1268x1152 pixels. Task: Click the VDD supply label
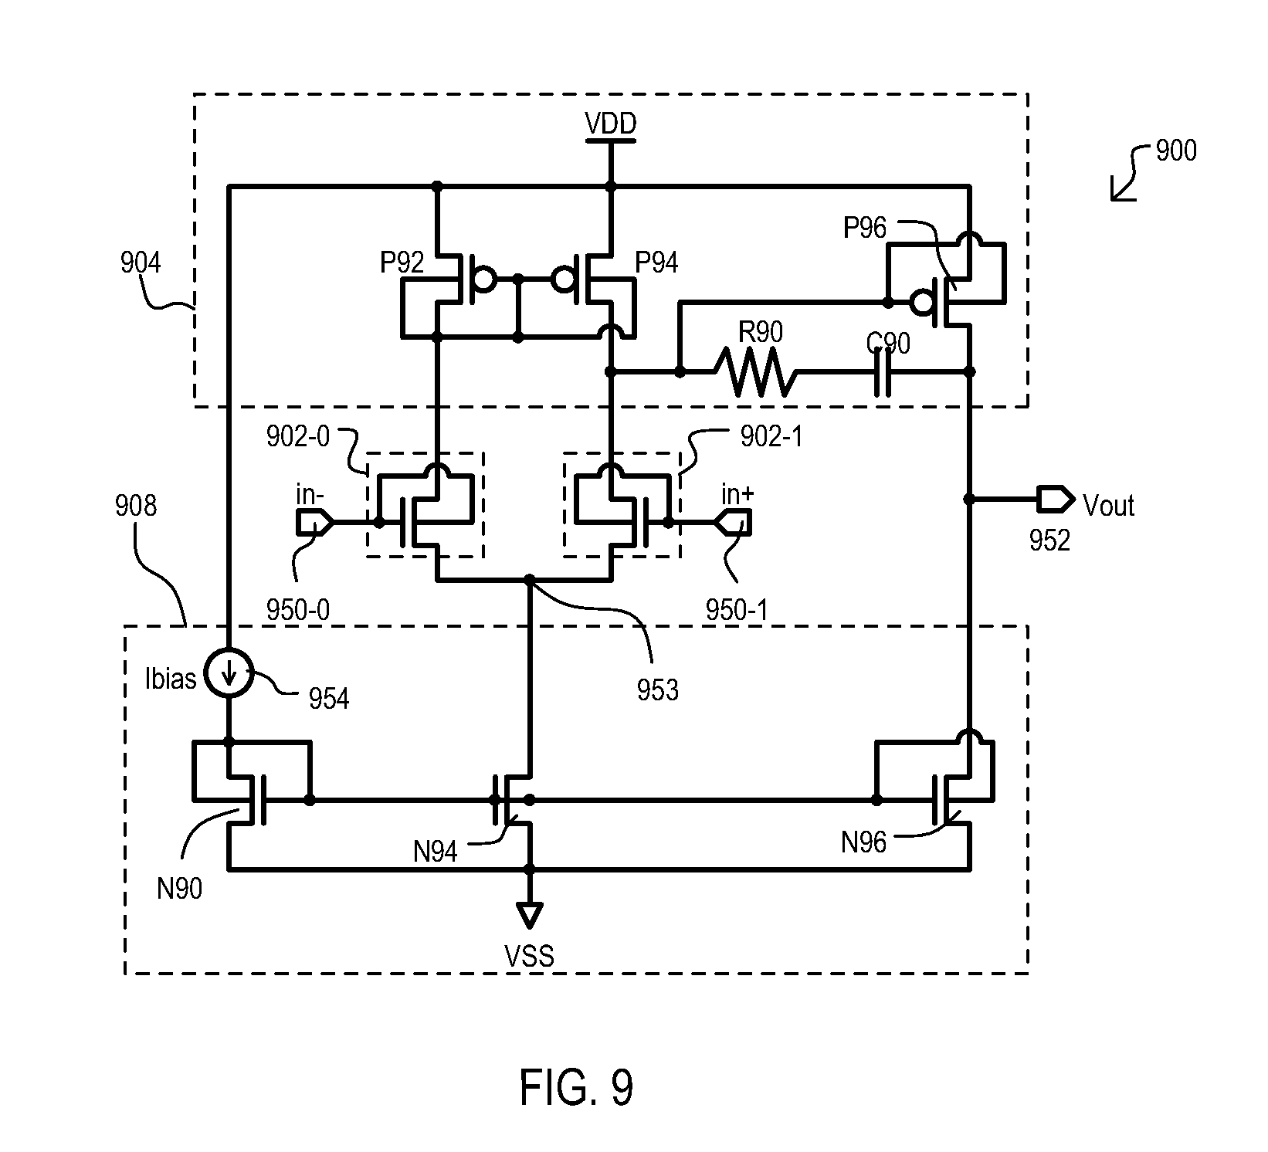pyautogui.click(x=610, y=124)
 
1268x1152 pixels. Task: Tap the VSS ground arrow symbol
pyautogui.click(x=529, y=915)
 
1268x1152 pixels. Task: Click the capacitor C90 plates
pyautogui.click(x=882, y=372)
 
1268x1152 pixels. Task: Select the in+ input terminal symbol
pyautogui.click(x=731, y=523)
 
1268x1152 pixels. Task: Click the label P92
pyautogui.click(x=402, y=263)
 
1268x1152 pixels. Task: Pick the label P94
pyautogui.click(x=656, y=263)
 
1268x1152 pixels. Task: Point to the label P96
pyautogui.click(x=865, y=227)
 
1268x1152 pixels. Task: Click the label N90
pyautogui.click(x=179, y=889)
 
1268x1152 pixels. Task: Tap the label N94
pyautogui.click(x=436, y=852)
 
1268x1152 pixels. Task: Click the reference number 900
pyautogui.click(x=1175, y=151)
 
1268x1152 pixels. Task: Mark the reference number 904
pyautogui.click(x=141, y=263)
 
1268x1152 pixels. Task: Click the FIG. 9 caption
pyautogui.click(x=576, y=1087)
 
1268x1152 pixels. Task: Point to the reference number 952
pyautogui.click(x=1049, y=541)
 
